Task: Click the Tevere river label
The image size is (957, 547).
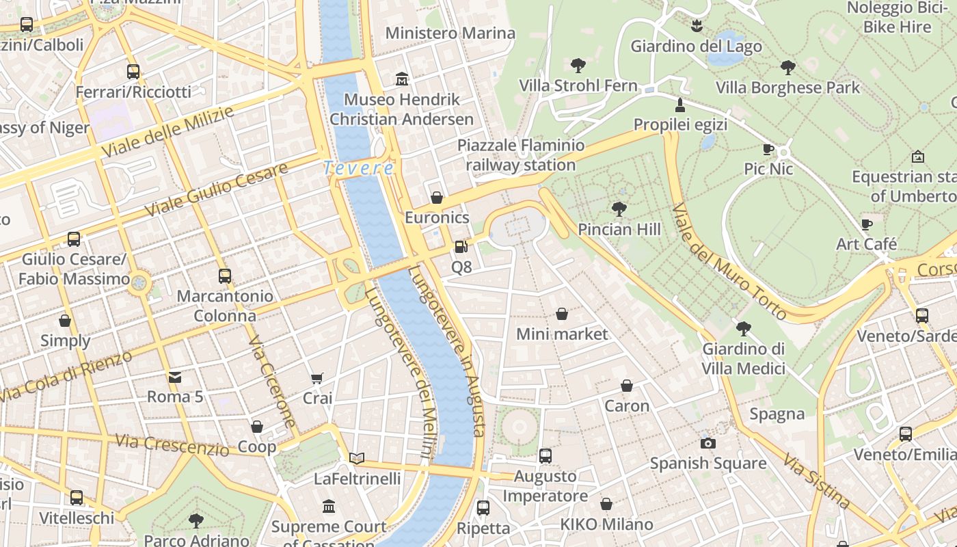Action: (359, 168)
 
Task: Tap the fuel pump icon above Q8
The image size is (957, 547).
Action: (461, 247)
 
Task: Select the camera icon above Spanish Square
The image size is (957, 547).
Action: (707, 443)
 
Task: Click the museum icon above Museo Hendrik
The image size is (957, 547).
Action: (402, 79)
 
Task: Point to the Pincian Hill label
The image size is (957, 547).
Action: (619, 229)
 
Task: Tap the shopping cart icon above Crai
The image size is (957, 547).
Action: (317, 378)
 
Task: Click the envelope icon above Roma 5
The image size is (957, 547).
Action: (175, 377)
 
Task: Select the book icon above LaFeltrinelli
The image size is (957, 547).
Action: (357, 458)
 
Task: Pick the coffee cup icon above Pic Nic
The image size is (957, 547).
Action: (768, 149)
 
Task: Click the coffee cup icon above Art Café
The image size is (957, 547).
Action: (867, 224)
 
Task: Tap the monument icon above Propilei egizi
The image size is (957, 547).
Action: (679, 105)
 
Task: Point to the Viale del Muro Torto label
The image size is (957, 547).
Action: (729, 261)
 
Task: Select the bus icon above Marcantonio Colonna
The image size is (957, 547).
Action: (224, 276)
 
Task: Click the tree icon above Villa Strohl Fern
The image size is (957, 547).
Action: (578, 66)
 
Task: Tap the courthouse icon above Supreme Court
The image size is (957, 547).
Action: (329, 507)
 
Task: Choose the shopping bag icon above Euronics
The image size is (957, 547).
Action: (437, 198)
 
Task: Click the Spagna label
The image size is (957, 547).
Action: (777, 414)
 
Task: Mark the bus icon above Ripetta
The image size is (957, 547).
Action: (483, 508)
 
